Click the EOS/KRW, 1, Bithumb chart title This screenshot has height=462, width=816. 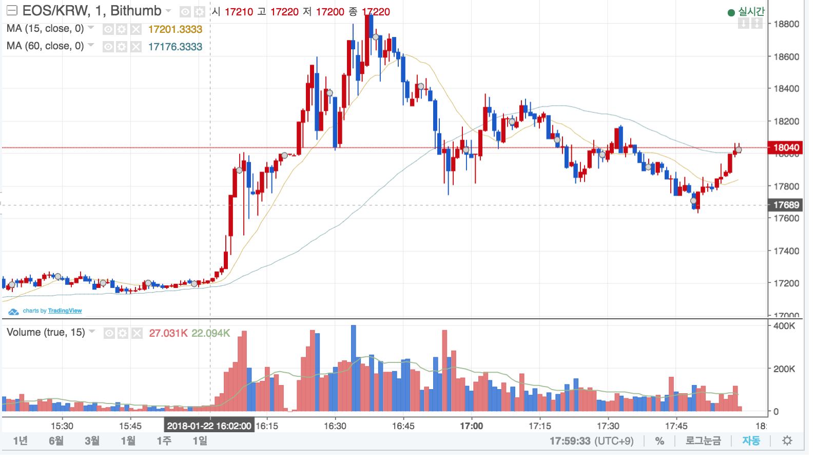click(x=91, y=11)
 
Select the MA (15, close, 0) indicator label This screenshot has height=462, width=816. click(x=45, y=29)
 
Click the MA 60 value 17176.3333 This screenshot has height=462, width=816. click(x=175, y=47)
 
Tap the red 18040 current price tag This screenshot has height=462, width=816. click(x=785, y=148)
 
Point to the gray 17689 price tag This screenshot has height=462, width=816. click(x=785, y=205)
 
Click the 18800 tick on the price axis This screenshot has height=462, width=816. click(x=786, y=24)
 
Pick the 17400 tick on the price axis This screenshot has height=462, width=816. click(x=786, y=251)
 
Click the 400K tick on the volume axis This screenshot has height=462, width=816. click(x=784, y=326)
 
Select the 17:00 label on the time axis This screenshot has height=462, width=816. click(x=471, y=426)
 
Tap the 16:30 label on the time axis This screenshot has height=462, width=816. click(x=335, y=426)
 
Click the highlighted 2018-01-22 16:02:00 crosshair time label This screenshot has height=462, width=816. click(x=209, y=426)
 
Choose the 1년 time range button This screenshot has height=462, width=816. click(x=21, y=441)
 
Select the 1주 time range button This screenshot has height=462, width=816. click(x=164, y=441)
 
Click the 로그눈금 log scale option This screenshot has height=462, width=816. click(x=703, y=441)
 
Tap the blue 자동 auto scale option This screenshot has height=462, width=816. click(x=751, y=441)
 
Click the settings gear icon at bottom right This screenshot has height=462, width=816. click(x=787, y=441)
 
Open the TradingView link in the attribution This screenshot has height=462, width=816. click(x=65, y=311)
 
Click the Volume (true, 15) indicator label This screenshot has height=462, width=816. click(x=46, y=333)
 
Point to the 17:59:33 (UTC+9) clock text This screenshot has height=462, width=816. click(x=591, y=441)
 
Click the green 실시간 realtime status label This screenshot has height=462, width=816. click(x=751, y=11)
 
